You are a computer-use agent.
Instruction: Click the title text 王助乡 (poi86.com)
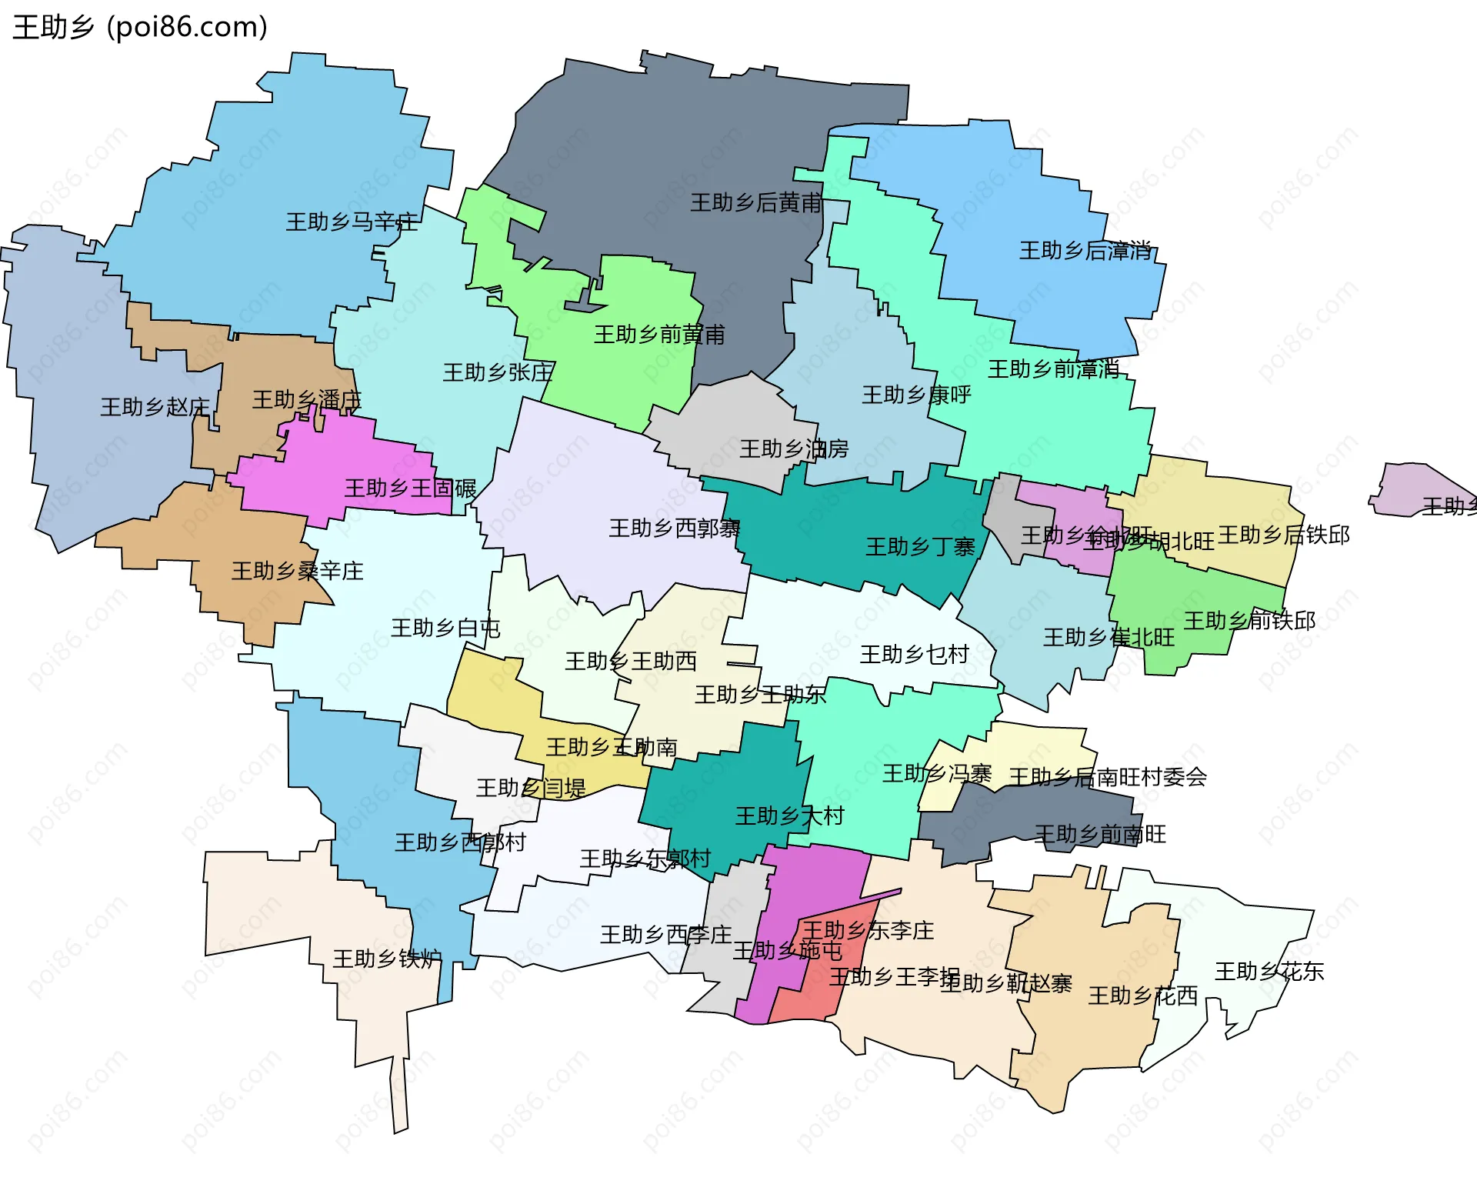point(140,28)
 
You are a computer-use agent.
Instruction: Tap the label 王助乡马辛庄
point(352,222)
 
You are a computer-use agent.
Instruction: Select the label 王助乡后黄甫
point(755,203)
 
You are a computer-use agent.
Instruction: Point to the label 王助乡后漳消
point(1085,251)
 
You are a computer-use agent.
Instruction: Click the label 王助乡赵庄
point(155,407)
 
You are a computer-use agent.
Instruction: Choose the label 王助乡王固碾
point(410,489)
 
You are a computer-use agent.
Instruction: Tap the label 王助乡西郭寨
point(674,529)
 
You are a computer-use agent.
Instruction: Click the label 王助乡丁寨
point(920,547)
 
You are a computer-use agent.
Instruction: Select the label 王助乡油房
point(794,449)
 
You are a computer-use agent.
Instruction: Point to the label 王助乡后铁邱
point(1283,535)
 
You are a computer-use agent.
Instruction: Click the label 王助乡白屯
point(445,629)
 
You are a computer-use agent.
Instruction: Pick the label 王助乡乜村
point(914,655)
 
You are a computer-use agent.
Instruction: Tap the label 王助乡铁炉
point(387,959)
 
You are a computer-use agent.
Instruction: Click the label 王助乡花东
point(1269,972)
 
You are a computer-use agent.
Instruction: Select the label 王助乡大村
point(789,816)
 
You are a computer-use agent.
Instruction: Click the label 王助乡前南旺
point(1100,835)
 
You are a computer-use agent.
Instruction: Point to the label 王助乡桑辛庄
point(297,571)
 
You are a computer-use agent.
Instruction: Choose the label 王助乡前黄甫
point(659,335)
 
